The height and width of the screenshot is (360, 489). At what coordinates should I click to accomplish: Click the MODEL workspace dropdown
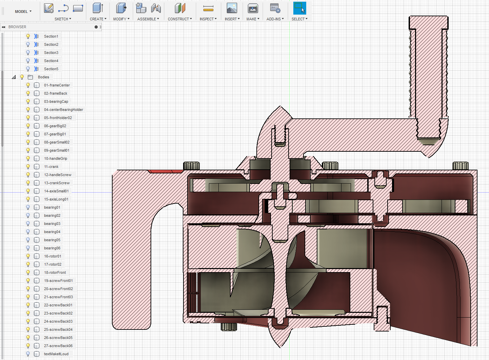point(23,11)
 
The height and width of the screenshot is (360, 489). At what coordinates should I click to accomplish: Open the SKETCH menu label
point(63,19)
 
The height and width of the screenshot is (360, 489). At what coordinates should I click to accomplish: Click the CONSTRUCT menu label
point(180,19)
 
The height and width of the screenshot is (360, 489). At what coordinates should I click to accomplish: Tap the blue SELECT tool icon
point(299,8)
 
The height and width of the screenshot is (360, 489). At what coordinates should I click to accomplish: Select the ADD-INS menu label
point(275,19)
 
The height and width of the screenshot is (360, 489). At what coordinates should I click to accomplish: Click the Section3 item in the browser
point(51,53)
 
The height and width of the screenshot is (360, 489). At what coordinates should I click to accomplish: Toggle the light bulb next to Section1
point(28,36)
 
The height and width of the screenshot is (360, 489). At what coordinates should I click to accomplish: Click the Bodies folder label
point(43,77)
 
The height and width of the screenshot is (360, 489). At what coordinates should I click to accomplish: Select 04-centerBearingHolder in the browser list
point(63,110)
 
